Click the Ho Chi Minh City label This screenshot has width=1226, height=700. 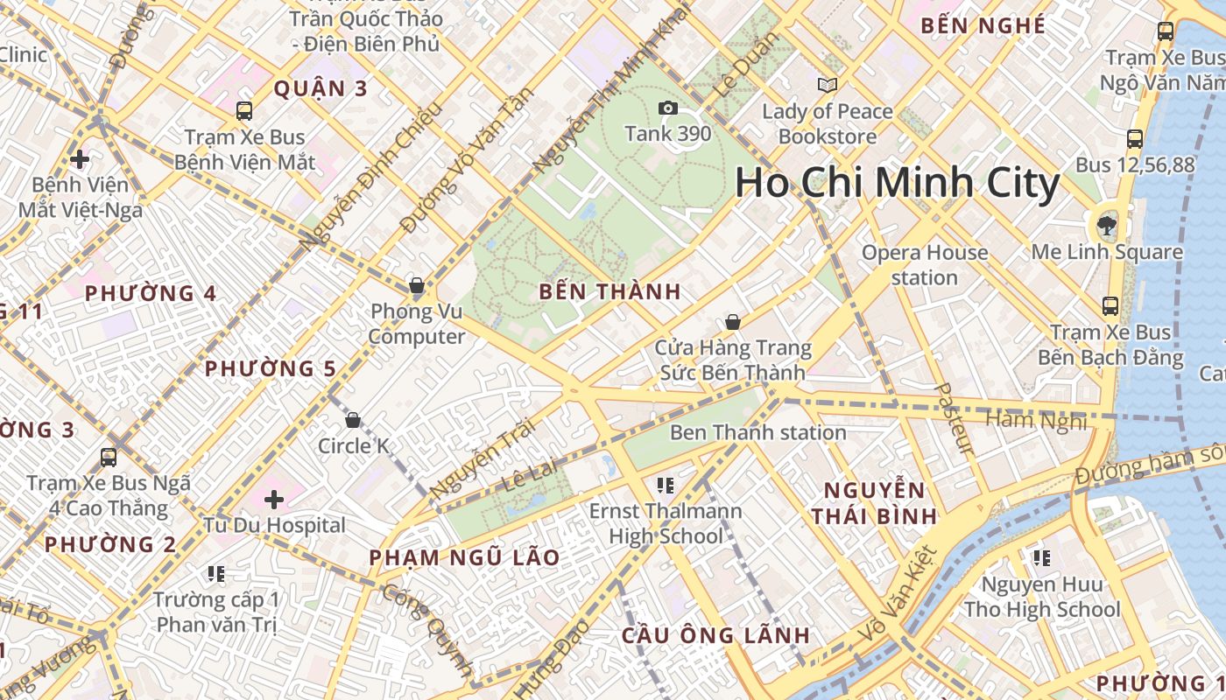(897, 184)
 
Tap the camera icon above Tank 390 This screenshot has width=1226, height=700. (668, 108)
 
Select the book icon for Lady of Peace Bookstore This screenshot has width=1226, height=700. (827, 85)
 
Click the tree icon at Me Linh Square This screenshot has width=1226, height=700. (1107, 226)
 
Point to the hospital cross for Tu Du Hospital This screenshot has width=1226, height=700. (274, 500)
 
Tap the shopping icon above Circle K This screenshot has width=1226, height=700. (353, 420)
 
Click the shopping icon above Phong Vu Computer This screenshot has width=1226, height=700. (417, 285)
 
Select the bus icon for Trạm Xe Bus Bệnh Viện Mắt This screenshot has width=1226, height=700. (244, 111)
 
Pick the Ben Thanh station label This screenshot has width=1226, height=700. (757, 432)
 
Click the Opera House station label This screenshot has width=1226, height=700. (924, 265)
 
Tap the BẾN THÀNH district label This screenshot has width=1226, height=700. (609, 292)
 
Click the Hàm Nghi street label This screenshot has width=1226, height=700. (1036, 421)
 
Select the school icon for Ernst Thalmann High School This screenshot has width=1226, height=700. (666, 485)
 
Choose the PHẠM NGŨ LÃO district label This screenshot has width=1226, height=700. (464, 557)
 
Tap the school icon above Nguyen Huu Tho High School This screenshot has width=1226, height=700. (1041, 557)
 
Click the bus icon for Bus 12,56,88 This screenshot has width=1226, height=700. (1134, 138)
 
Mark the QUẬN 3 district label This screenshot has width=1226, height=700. (321, 88)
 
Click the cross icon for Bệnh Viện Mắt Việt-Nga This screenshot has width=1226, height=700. (80, 159)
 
